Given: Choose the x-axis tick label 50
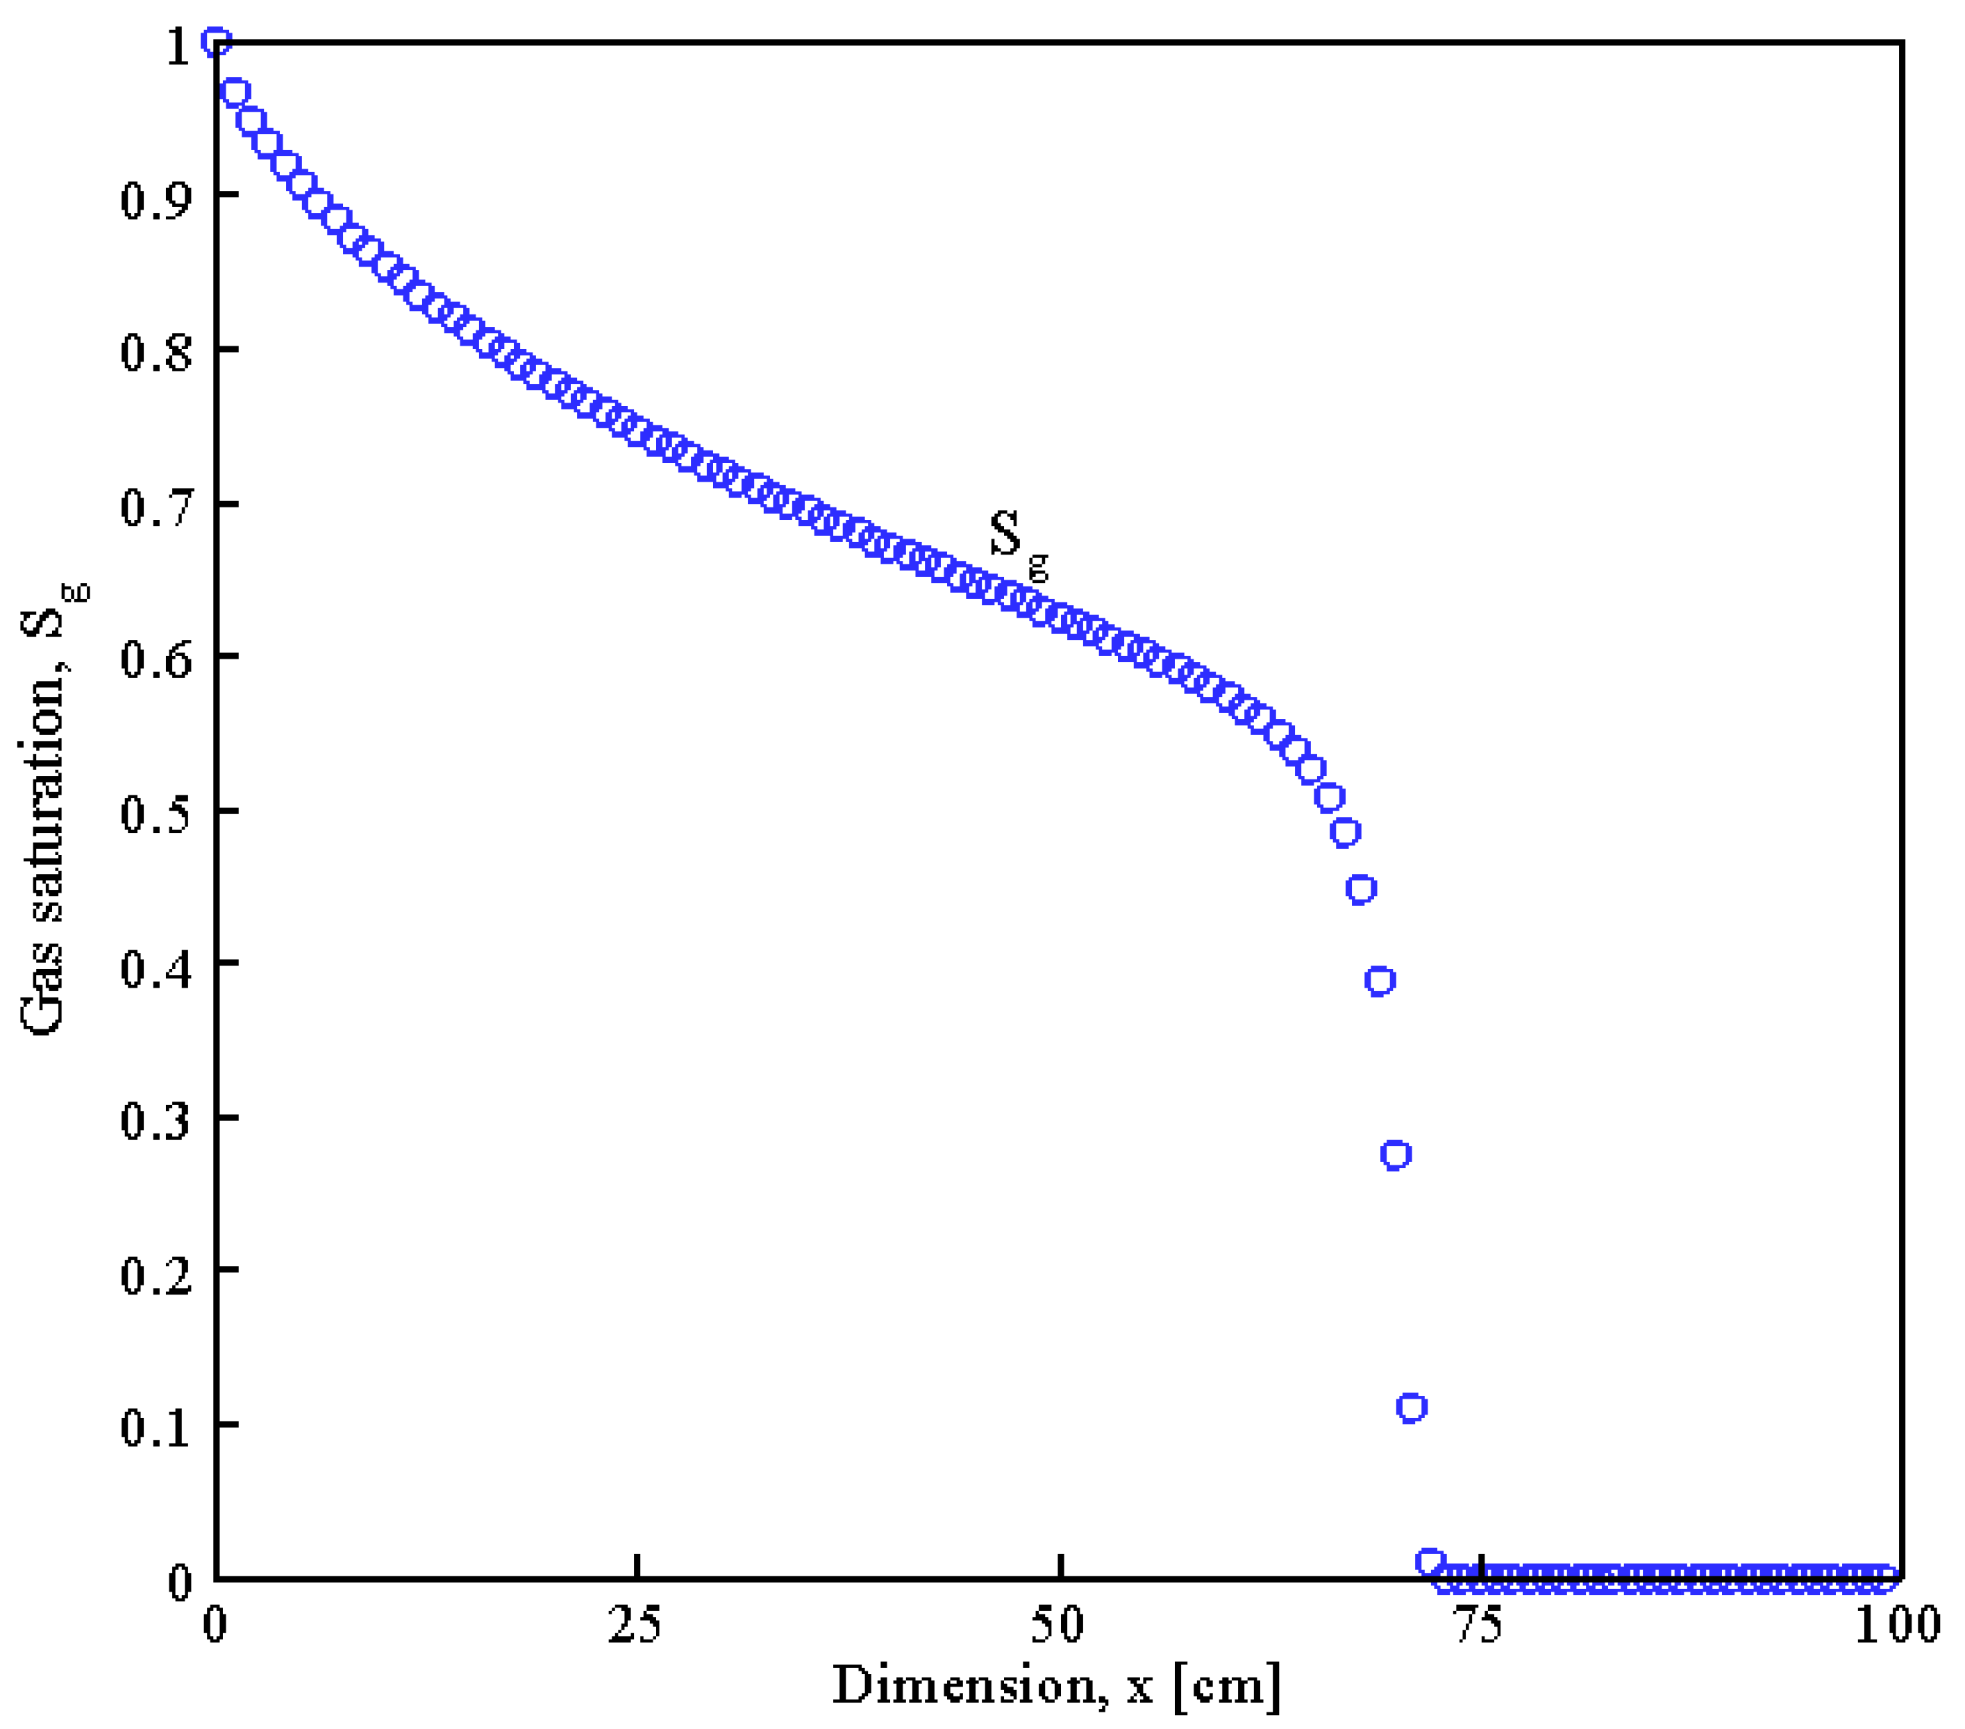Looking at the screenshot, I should pyautogui.click(x=1058, y=1625).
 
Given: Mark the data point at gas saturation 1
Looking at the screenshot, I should pyautogui.click(x=215, y=42).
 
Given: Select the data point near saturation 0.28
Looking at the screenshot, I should pyautogui.click(x=1396, y=1155).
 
